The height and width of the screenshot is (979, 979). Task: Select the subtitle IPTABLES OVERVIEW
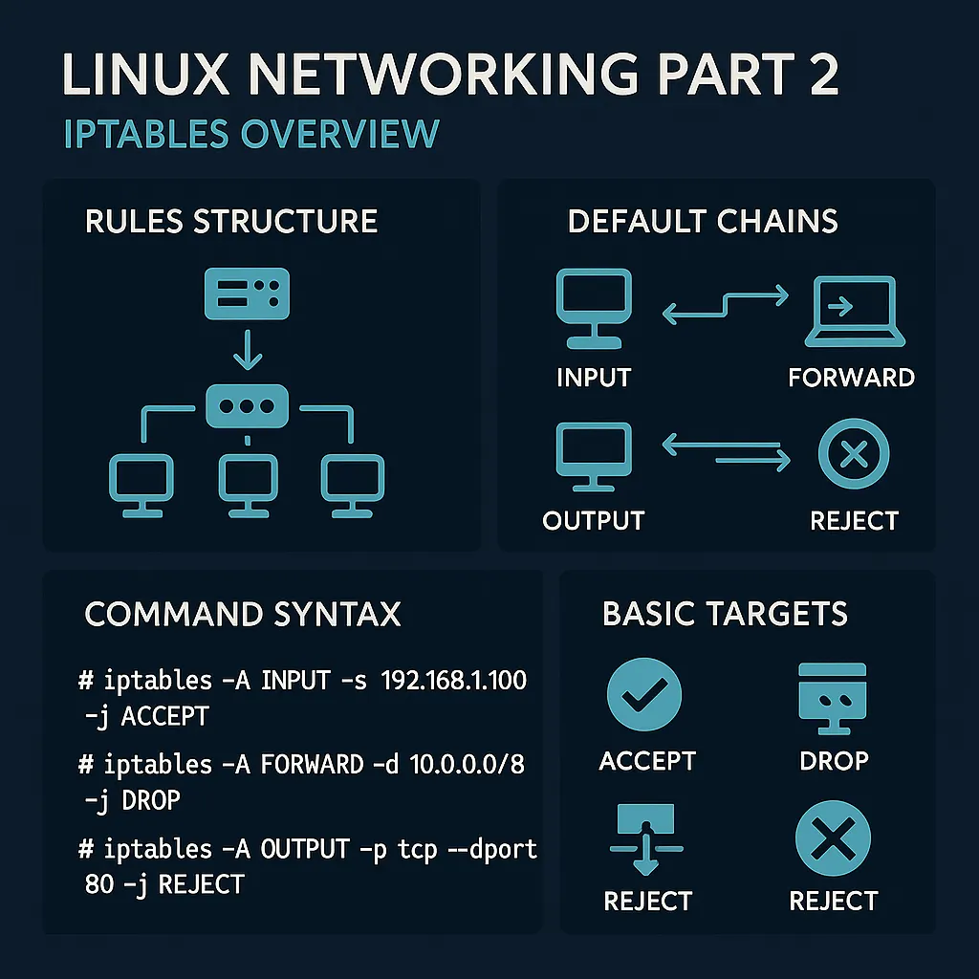250,134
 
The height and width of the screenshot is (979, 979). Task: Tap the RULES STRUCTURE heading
231,221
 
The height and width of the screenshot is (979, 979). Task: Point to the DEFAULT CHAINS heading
703,221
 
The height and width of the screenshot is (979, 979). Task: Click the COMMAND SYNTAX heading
243,613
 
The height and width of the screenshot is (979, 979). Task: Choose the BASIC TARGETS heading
725,613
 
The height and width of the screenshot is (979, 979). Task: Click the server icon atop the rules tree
247,294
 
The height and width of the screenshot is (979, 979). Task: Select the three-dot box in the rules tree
247,405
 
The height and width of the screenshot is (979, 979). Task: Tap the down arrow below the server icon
247,353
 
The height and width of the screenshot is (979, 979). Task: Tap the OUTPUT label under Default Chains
593,521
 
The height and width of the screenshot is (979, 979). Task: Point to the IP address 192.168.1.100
454,681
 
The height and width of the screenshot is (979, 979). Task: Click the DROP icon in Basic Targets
833,697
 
